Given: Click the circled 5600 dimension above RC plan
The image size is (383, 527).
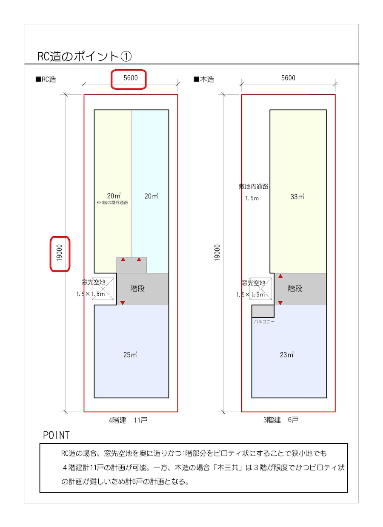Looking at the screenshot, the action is pyautogui.click(x=131, y=78).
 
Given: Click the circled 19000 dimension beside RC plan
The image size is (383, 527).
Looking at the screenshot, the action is pyautogui.click(x=59, y=253).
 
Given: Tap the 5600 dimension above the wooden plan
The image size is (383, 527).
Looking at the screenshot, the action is pyautogui.click(x=288, y=78).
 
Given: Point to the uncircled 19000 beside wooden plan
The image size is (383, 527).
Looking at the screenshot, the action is pyautogui.click(x=217, y=253).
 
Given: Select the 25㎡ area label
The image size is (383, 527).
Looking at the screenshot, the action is pyautogui.click(x=130, y=354).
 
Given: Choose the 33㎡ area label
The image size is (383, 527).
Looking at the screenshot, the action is pyautogui.click(x=297, y=196).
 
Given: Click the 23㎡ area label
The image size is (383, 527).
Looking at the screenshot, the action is pyautogui.click(x=287, y=354).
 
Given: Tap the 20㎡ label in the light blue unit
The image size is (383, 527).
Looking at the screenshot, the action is pyautogui.click(x=151, y=196).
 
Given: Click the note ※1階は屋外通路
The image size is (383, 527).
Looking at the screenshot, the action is pyautogui.click(x=112, y=203).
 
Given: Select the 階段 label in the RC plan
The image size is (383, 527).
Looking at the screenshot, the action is pyautogui.click(x=137, y=289).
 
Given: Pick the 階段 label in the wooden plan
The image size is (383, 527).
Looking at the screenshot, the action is pyautogui.click(x=295, y=289).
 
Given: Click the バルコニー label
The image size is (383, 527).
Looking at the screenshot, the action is pyautogui.click(x=264, y=321).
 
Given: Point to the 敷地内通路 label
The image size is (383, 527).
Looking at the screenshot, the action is pyautogui.click(x=254, y=187).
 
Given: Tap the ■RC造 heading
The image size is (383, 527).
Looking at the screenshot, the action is pyautogui.click(x=46, y=79).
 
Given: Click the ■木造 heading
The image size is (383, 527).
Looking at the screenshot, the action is pyautogui.click(x=204, y=79).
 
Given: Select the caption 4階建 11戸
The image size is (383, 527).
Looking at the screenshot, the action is pyautogui.click(x=128, y=420).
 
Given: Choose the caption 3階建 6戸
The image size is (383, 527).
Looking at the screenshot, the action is pyautogui.click(x=281, y=419).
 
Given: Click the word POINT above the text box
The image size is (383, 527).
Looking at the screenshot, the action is pyautogui.click(x=56, y=435).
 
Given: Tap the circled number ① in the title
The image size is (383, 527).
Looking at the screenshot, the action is pyautogui.click(x=126, y=57).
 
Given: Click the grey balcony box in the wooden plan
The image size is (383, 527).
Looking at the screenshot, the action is pyautogui.click(x=263, y=311).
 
